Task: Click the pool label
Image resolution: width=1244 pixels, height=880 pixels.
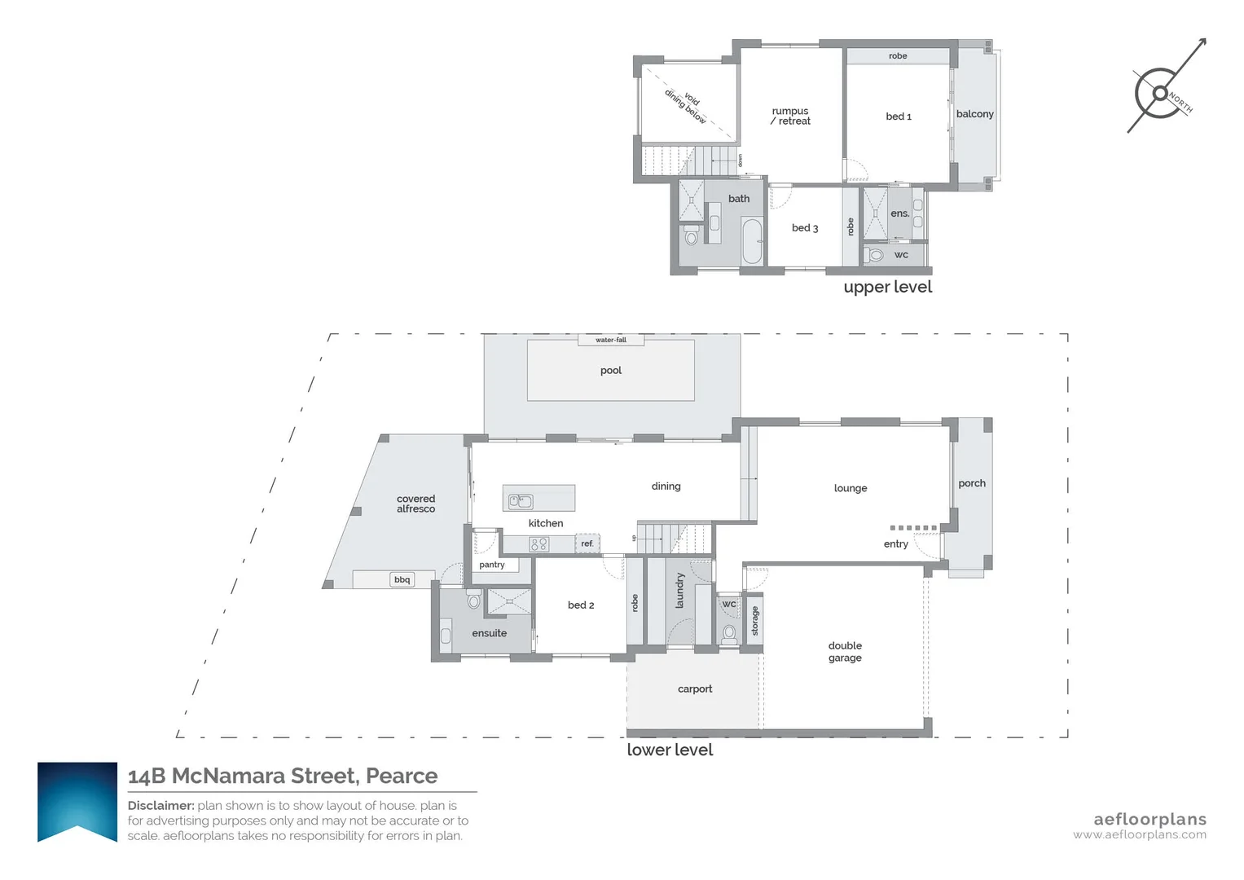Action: tap(610, 371)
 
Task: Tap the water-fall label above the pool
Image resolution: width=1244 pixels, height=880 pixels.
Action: tap(611, 340)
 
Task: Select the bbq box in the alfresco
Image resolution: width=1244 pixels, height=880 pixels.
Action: tap(402, 579)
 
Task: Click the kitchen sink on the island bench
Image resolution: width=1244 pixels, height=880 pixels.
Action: tap(521, 501)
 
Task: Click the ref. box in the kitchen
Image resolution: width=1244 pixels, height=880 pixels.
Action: tap(587, 543)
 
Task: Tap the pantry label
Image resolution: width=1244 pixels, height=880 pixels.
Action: tap(492, 565)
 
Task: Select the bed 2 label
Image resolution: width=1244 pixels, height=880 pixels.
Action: tap(581, 605)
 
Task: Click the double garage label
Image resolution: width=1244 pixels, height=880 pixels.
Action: tap(845, 652)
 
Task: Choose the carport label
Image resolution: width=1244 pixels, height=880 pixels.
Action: tap(695, 689)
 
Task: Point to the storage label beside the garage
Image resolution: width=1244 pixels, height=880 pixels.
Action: tap(755, 621)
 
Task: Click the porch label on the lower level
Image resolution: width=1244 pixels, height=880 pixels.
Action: tap(972, 483)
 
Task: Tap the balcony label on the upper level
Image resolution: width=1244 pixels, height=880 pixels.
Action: tap(975, 114)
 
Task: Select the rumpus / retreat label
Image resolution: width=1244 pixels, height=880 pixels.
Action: tap(791, 116)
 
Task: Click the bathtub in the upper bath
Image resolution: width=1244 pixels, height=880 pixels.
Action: tap(752, 241)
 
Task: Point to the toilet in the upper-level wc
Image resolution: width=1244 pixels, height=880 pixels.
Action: tap(875, 255)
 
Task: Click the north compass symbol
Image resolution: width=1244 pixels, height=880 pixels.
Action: tap(1161, 93)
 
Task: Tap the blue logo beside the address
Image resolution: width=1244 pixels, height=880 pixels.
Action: tap(77, 802)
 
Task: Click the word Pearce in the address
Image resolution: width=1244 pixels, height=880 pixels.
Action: tap(402, 776)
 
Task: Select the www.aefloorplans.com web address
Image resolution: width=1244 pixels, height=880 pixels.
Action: tap(1140, 834)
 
